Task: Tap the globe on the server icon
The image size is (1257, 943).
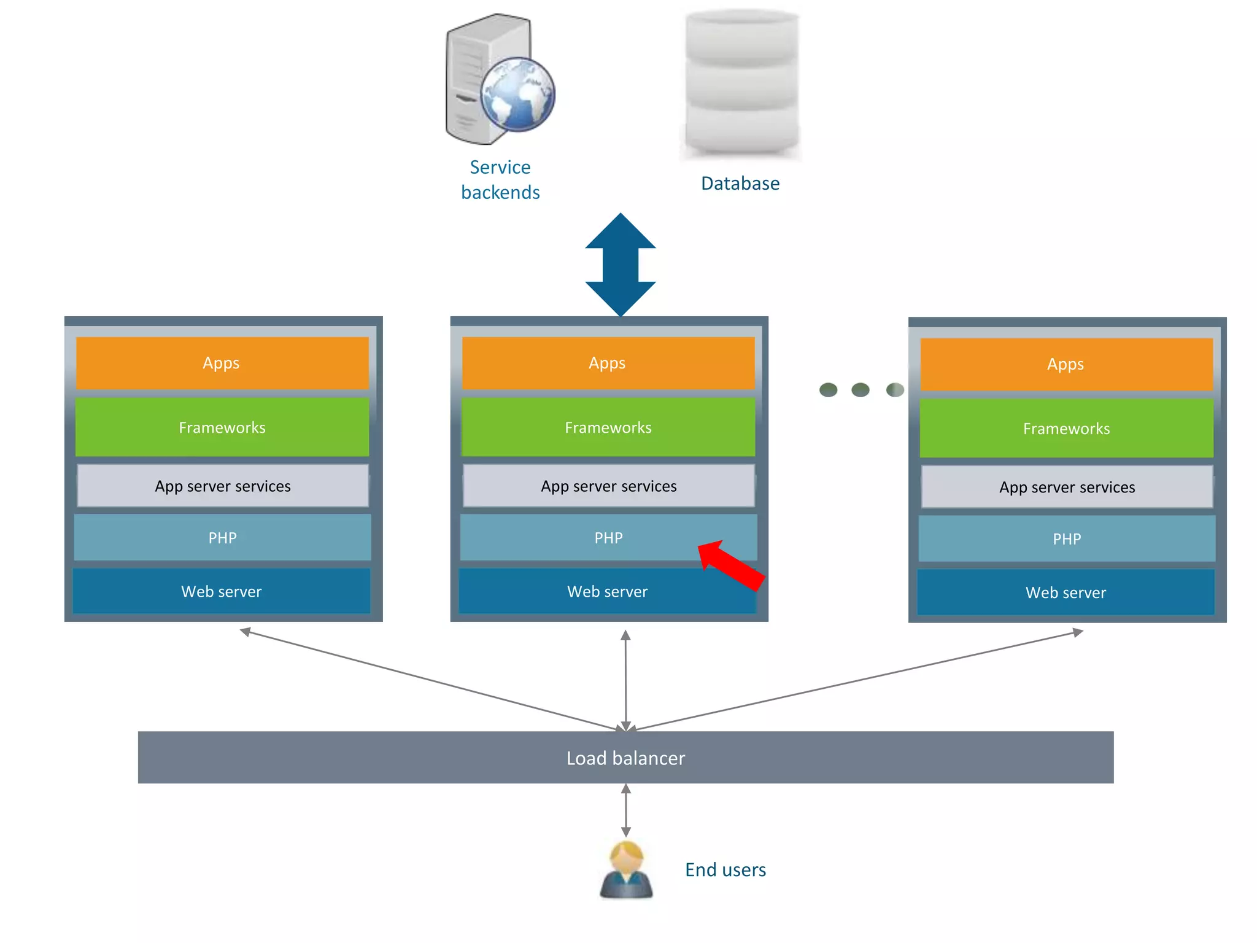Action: (517, 95)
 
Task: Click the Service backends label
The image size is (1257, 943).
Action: (500, 180)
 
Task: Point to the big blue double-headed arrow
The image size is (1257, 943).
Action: (621, 265)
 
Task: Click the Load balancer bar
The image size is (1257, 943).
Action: (625, 758)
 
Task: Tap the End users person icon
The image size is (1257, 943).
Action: (626, 870)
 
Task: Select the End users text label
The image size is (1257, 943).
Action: (725, 870)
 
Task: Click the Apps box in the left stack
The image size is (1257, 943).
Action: (222, 363)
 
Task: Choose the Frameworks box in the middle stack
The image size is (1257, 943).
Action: (608, 427)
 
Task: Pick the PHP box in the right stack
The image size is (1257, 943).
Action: (1067, 538)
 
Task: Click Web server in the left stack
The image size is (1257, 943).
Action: (222, 591)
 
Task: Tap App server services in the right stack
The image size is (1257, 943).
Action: (1067, 487)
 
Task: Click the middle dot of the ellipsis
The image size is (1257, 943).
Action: (861, 390)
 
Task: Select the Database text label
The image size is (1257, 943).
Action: (740, 184)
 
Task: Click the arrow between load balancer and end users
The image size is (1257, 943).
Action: (626, 810)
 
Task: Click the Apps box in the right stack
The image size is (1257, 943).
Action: (1066, 364)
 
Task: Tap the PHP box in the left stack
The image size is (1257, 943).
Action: (222, 538)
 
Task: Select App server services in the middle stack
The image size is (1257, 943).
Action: (608, 486)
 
